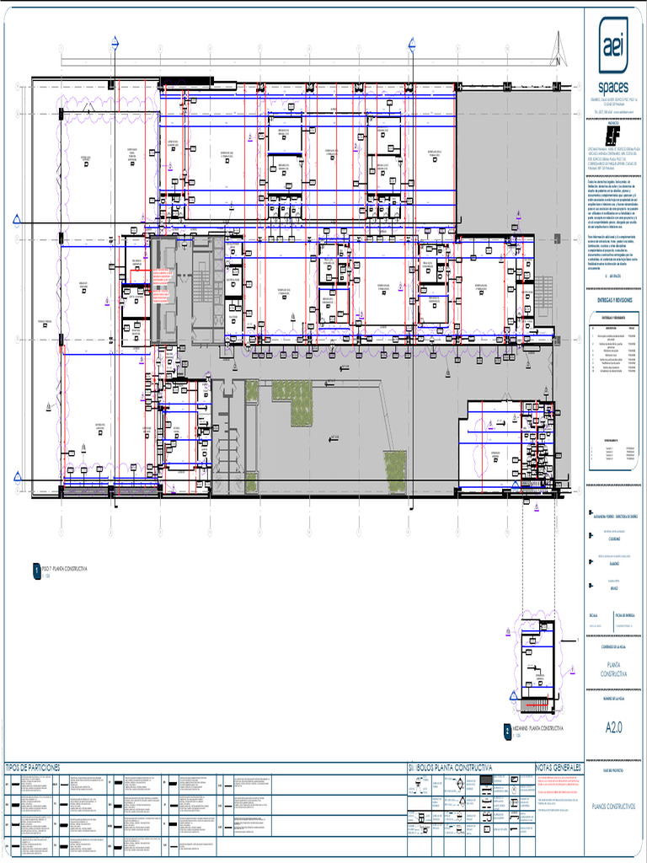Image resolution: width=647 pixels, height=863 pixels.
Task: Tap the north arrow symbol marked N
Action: [x=556, y=51]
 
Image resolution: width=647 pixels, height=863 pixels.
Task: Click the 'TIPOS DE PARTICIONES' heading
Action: [x=34, y=768]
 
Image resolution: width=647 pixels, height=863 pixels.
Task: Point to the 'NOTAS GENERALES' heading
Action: [x=558, y=768]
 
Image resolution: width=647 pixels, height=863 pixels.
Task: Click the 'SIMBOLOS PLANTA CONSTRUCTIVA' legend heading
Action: [x=450, y=768]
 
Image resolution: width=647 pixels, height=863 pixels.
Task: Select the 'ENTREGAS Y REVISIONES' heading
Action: [x=612, y=299]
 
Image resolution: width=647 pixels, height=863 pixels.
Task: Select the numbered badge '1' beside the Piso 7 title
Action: [x=35, y=571]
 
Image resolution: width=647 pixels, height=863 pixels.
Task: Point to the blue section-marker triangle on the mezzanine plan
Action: [x=511, y=696]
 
